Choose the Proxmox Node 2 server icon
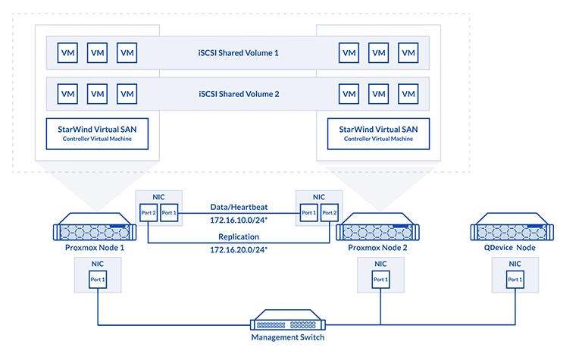[x=379, y=227]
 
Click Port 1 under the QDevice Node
[x=515, y=280]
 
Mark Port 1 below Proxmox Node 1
[x=98, y=280]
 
